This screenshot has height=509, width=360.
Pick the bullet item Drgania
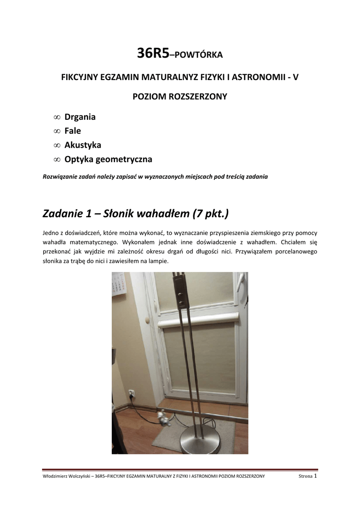click(80, 117)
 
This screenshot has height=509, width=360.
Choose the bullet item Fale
click(73, 131)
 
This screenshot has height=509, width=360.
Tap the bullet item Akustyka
click(83, 145)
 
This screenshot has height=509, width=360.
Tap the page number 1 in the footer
click(316, 476)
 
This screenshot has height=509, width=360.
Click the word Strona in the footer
click(305, 476)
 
